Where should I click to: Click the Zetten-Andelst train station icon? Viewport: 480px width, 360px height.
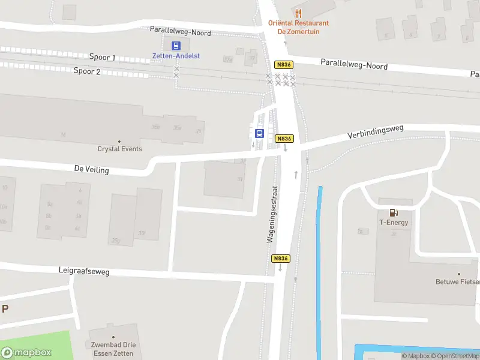click(176, 46)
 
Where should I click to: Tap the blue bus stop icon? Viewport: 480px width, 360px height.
click(260, 134)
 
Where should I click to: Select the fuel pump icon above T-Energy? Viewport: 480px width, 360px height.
click(394, 212)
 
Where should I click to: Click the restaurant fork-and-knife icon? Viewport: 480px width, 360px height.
click(298, 13)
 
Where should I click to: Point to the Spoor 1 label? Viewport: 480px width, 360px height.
click(102, 58)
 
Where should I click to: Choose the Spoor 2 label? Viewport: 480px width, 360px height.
click(86, 71)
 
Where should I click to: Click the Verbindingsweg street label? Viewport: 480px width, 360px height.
click(376, 132)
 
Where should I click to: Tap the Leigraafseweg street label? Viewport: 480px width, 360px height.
click(84, 272)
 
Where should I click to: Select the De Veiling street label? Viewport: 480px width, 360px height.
click(92, 170)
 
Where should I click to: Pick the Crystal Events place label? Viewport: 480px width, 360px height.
click(120, 149)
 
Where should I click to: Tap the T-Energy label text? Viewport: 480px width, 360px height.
click(394, 223)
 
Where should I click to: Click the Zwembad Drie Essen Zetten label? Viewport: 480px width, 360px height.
click(113, 349)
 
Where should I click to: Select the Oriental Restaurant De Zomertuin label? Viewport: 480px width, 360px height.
click(298, 27)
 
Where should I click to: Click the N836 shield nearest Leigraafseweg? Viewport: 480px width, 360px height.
click(281, 259)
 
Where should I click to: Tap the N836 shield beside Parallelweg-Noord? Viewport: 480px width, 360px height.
click(283, 64)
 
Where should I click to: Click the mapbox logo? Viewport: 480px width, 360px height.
click(26, 353)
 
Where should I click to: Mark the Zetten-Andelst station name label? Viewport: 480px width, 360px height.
click(175, 56)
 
